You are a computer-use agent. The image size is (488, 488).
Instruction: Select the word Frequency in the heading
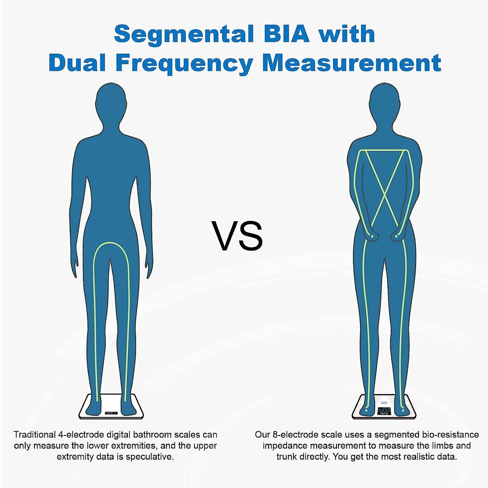coord(184,63)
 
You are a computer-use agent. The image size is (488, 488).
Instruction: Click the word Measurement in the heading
coord(352,63)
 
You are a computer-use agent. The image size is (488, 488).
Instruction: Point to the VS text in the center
coord(237,236)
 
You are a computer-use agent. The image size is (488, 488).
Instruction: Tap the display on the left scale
coord(111,413)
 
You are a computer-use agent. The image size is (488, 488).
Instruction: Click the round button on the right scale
coord(384,403)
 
